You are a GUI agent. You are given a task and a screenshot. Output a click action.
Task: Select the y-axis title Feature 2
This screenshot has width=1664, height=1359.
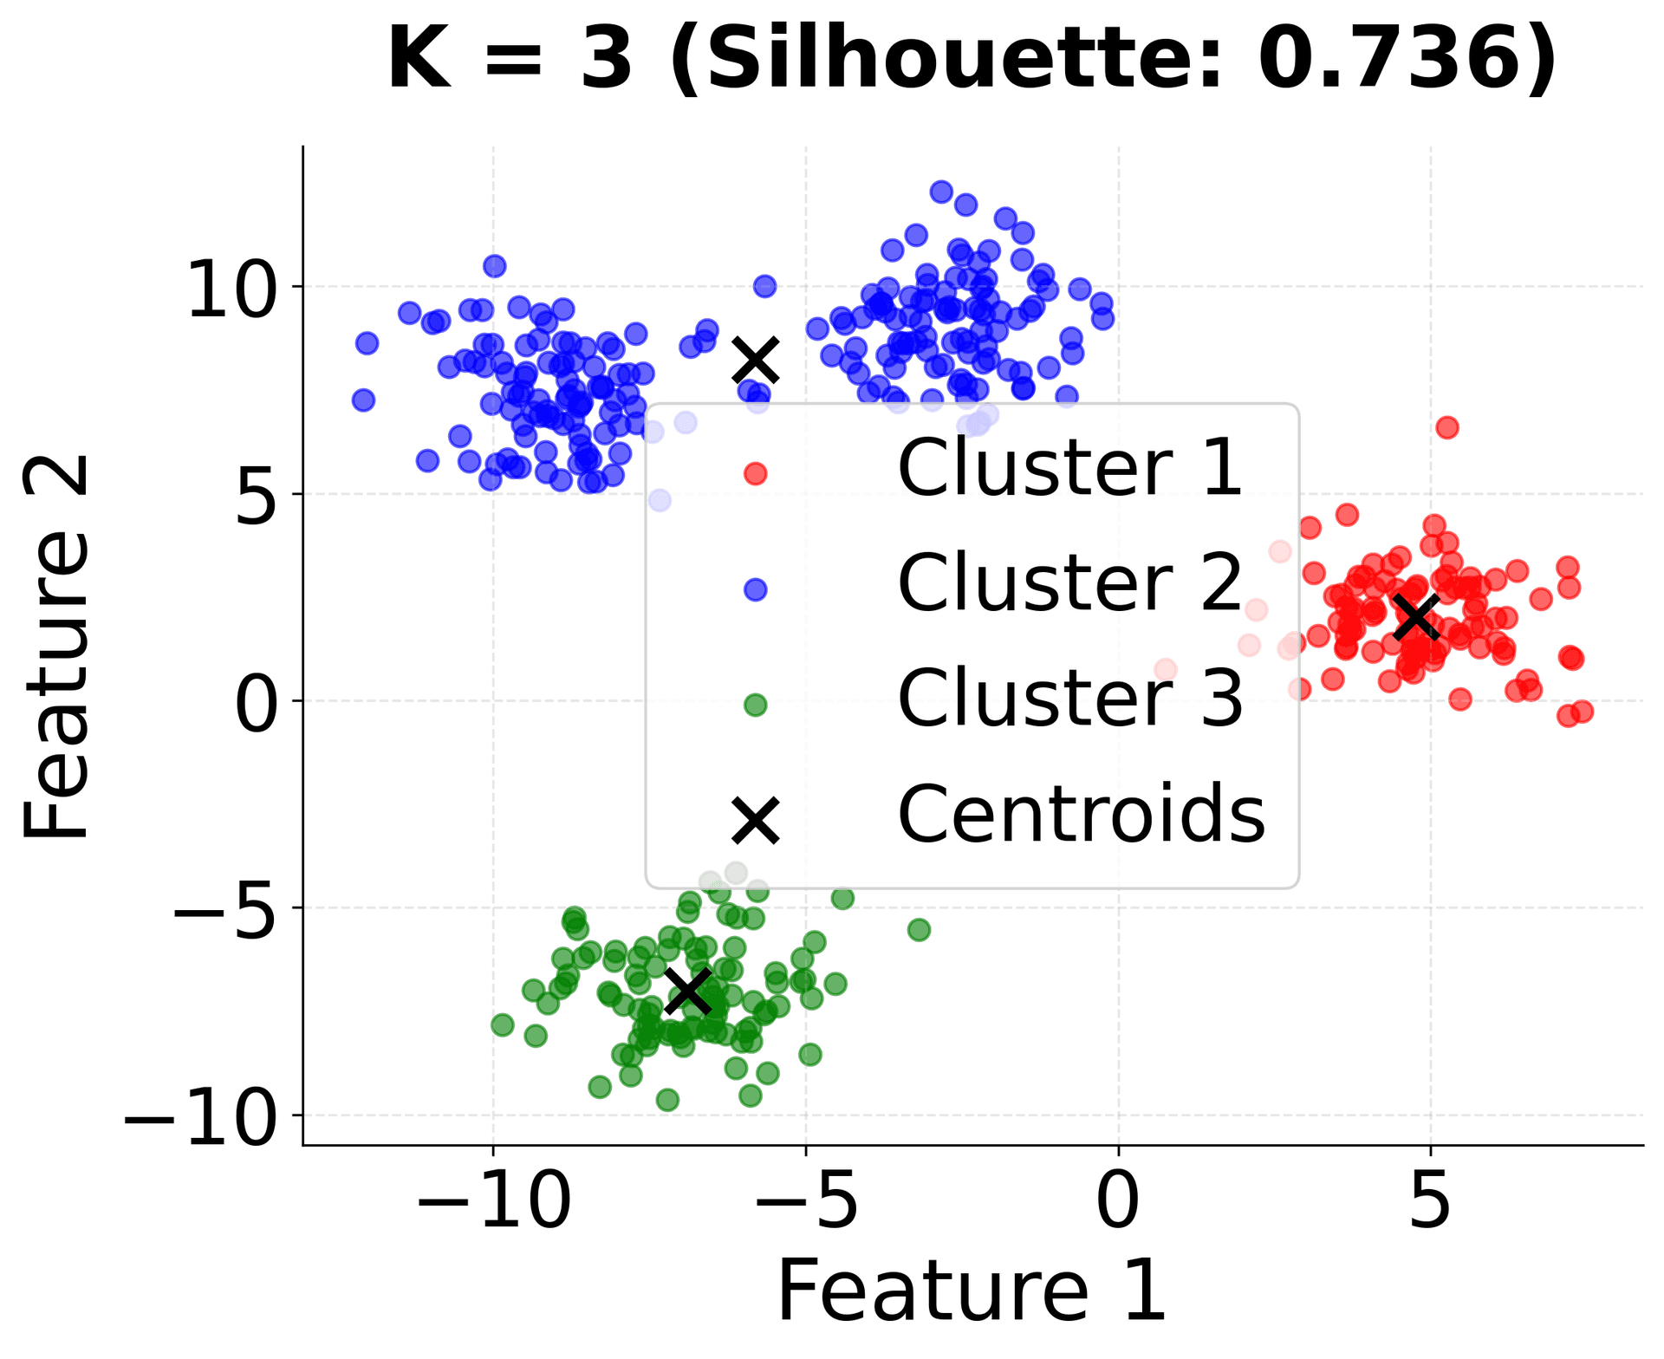click(56, 647)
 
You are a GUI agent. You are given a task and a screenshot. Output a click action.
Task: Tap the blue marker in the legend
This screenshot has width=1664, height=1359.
click(755, 589)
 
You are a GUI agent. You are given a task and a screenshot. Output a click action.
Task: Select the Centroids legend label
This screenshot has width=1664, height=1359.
click(1081, 814)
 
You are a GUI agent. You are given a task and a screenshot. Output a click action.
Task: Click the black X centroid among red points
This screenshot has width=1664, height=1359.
click(1416, 616)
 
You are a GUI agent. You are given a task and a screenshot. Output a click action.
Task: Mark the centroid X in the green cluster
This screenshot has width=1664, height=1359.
click(688, 992)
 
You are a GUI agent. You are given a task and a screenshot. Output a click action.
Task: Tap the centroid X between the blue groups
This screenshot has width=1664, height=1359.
click(756, 361)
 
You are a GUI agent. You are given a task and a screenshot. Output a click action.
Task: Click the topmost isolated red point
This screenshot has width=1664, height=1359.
click(1446, 427)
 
